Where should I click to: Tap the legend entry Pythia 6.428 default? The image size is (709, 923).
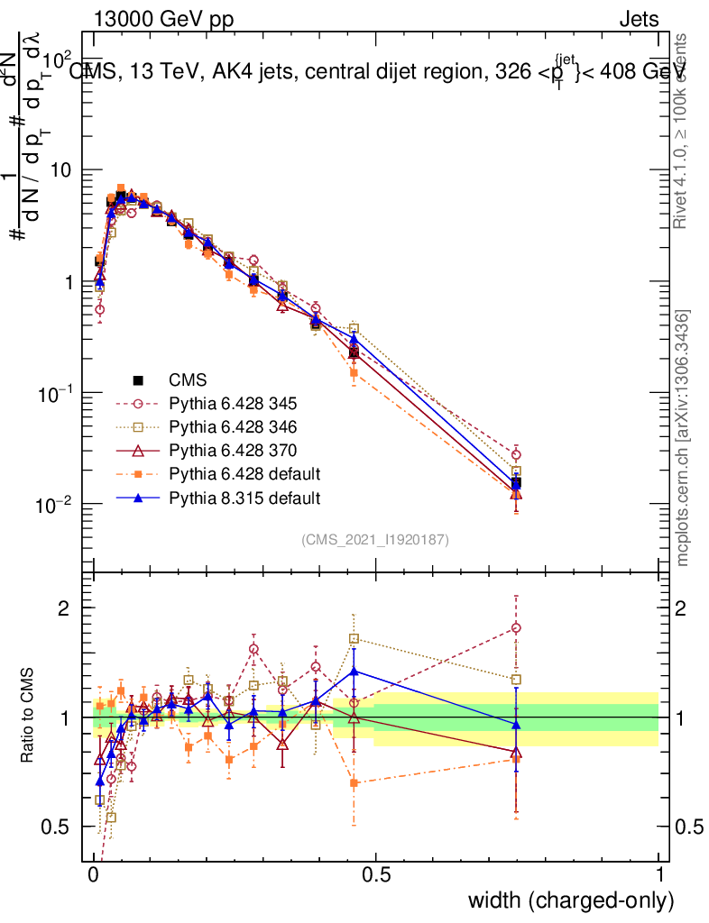coord(244,473)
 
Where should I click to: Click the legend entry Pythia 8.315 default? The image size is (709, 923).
coord(244,497)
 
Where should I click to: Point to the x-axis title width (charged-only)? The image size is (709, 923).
coord(571,900)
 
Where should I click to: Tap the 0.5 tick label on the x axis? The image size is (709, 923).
coord(376,874)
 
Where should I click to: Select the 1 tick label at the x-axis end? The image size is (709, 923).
coord(658,874)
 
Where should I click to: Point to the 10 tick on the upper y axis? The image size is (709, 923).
coord(64,170)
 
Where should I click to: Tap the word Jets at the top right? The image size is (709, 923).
coord(639,20)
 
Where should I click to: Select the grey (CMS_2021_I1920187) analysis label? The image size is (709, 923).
coord(375,539)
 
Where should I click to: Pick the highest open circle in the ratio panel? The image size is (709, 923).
coord(516,628)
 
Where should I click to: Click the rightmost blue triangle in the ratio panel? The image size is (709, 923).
coord(516,725)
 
